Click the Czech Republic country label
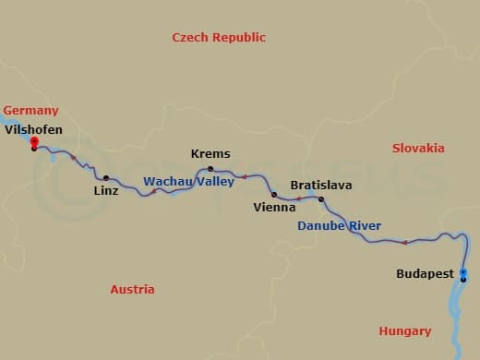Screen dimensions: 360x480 tap(219, 38)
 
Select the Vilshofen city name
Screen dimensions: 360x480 tap(34, 130)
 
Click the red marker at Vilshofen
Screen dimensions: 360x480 tap(34, 141)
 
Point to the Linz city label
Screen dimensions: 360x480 tap(106, 191)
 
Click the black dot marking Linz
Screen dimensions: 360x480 tap(106, 178)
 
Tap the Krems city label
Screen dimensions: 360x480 tap(210, 154)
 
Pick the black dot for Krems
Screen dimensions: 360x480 tap(210, 168)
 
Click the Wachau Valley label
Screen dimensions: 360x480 tap(188, 182)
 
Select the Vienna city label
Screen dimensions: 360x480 tap(274, 208)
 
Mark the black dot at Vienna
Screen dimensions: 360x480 tap(274, 195)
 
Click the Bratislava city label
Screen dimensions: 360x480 tap(321, 186)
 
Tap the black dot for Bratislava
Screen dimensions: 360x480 tap(321, 199)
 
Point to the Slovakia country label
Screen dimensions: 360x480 tap(418, 149)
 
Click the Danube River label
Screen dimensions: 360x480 tap(339, 226)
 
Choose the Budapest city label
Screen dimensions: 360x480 tap(425, 274)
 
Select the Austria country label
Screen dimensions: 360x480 tap(132, 290)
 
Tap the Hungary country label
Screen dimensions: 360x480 tap(404, 331)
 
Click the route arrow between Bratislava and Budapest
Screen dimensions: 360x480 tap(404, 243)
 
